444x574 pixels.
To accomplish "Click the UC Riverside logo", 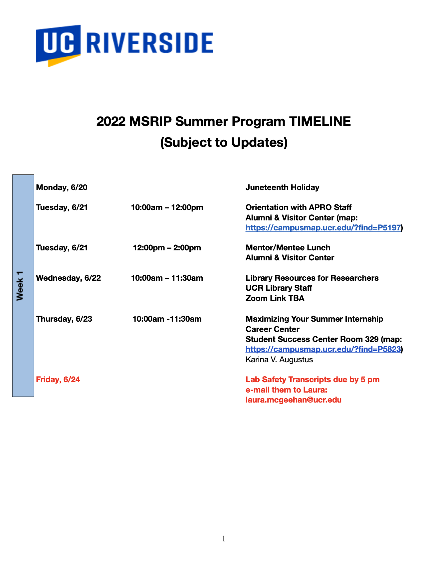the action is pyautogui.click(x=124, y=46).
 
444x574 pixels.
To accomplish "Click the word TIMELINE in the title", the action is pyautogui.click(x=320, y=122).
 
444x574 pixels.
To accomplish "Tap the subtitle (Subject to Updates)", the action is pyautogui.click(x=224, y=143).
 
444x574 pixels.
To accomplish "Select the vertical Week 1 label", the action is pyautogui.click(x=20, y=286).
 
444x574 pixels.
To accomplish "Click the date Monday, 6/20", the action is pyautogui.click(x=62, y=187).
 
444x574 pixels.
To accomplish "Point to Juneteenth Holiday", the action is pyautogui.click(x=282, y=187).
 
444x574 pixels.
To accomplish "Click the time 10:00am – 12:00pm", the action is pyautogui.click(x=167, y=207).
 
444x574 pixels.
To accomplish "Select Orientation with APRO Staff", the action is pyautogui.click(x=299, y=207).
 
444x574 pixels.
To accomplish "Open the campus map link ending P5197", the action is pyautogui.click(x=323, y=228).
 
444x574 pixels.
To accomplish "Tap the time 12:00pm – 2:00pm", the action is pyautogui.click(x=167, y=248).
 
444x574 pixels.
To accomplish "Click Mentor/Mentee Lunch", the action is pyautogui.click(x=288, y=248).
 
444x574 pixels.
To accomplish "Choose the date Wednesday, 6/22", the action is pyautogui.click(x=68, y=278).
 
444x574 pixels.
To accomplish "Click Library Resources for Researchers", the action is pyautogui.click(x=312, y=278).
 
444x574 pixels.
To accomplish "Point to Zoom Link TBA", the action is pyautogui.click(x=275, y=298).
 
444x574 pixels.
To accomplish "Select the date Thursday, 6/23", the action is pyautogui.click(x=64, y=319).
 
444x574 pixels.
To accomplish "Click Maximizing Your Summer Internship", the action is pyautogui.click(x=315, y=319).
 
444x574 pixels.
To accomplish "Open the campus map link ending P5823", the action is pyautogui.click(x=323, y=349).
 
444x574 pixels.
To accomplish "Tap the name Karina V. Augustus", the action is pyautogui.click(x=279, y=360).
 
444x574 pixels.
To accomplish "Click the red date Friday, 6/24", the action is pyautogui.click(x=58, y=380).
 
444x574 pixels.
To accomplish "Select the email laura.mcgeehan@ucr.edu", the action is pyautogui.click(x=294, y=400).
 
